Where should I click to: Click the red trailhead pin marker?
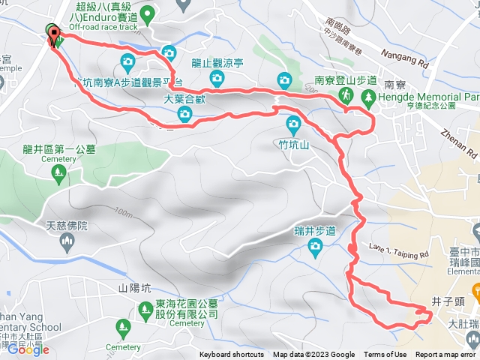click(x=55, y=38)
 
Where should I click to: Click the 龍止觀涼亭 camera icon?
click(x=217, y=77)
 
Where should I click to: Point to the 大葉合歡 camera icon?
click(x=184, y=113)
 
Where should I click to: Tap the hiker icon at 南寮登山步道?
click(x=346, y=95)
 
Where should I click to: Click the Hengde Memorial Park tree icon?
click(x=368, y=97)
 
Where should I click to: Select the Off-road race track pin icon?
click(x=148, y=12)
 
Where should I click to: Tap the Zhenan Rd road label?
click(x=466, y=142)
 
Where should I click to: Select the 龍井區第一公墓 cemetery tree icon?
click(x=58, y=174)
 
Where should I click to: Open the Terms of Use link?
click(x=385, y=355)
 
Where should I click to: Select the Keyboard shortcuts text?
click(x=232, y=355)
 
